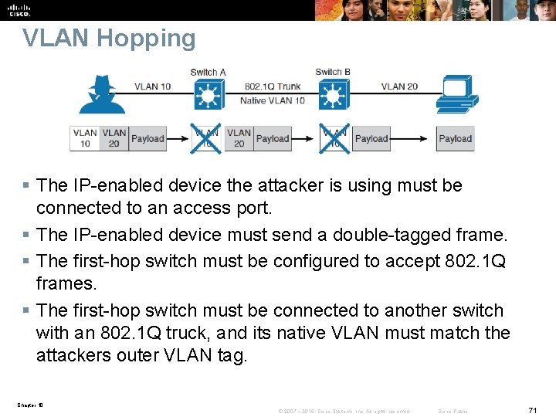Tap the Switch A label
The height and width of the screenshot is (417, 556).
(x=208, y=73)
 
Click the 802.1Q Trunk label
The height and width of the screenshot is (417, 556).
(x=271, y=86)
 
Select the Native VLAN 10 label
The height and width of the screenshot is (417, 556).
(x=273, y=100)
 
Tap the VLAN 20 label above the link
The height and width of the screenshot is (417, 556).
(x=399, y=86)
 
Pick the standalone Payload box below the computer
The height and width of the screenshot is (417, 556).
(x=455, y=139)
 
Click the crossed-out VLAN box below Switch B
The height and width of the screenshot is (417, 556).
(x=334, y=138)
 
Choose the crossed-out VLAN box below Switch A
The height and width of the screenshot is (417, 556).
(x=206, y=138)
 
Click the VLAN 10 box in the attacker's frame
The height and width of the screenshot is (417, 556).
(x=85, y=138)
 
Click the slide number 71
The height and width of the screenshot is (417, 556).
(x=532, y=411)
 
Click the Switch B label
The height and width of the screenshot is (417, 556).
(x=333, y=73)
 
